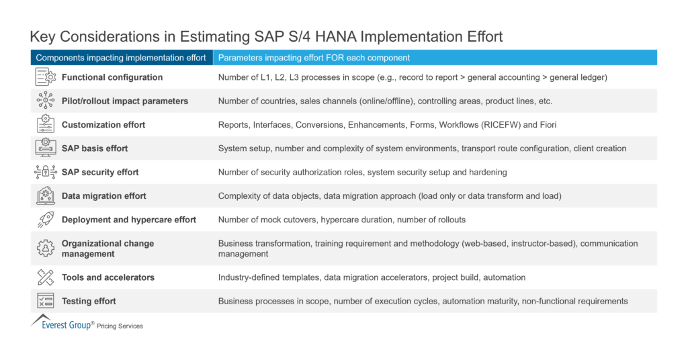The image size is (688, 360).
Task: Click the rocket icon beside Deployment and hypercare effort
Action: pyautogui.click(x=45, y=220)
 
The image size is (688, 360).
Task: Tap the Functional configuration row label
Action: pyautogui.click(x=112, y=77)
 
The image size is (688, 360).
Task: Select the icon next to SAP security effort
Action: pyautogui.click(x=45, y=172)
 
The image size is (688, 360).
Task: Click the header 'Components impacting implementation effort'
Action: pyautogui.click(x=121, y=58)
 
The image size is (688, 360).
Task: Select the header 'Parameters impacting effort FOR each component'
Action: pyautogui.click(x=314, y=58)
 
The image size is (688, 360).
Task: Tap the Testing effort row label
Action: pyautogui.click(x=89, y=301)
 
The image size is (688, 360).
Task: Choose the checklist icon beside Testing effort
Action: pyautogui.click(x=45, y=301)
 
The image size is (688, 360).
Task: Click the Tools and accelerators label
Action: pyautogui.click(x=107, y=277)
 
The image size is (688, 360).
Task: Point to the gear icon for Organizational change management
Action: pyautogui.click(x=45, y=249)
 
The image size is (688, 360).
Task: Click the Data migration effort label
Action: pyautogui.click(x=103, y=196)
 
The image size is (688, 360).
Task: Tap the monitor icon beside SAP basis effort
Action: pyautogui.click(x=45, y=148)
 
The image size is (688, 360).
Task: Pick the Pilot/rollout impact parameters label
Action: pyautogui.click(x=124, y=101)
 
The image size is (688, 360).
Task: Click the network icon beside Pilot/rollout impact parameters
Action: pyautogui.click(x=45, y=101)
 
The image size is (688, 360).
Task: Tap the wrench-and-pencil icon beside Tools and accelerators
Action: pyautogui.click(x=45, y=277)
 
